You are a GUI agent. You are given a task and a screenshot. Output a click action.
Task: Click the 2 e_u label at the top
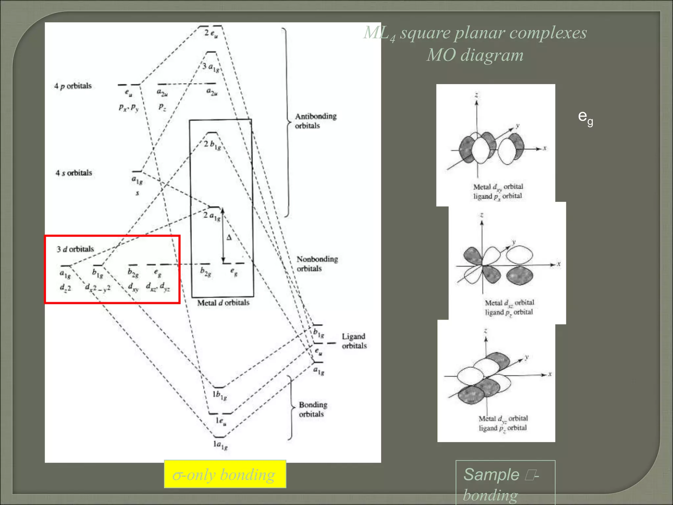click(211, 33)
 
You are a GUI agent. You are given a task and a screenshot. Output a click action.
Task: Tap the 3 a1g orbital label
click(211, 67)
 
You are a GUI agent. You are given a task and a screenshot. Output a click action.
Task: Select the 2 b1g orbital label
click(212, 145)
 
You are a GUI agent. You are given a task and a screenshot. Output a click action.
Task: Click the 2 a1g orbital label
click(211, 216)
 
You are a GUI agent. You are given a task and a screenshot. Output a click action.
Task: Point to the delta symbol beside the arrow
click(229, 238)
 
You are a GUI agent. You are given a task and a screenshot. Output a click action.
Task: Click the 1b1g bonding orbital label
click(219, 395)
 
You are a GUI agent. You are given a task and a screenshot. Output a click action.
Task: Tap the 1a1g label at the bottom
click(220, 445)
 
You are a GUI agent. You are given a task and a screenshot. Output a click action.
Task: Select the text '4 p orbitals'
click(73, 86)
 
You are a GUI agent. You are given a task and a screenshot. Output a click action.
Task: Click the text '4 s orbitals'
click(74, 173)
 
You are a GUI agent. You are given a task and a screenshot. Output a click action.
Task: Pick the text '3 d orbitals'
click(75, 249)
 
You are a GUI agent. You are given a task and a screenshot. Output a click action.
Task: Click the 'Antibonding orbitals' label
click(315, 121)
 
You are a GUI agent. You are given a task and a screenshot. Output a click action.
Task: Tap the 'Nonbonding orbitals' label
click(317, 264)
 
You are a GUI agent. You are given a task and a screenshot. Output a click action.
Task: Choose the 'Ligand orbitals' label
click(354, 341)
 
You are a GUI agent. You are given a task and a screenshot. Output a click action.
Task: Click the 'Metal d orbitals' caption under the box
click(223, 303)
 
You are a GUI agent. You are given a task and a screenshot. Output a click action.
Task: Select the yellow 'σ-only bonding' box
click(225, 474)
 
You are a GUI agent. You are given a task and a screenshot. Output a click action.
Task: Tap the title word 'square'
click(425, 33)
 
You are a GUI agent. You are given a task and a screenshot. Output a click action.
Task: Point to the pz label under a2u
click(162, 107)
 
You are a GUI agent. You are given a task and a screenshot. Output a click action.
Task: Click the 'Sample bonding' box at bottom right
click(505, 483)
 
